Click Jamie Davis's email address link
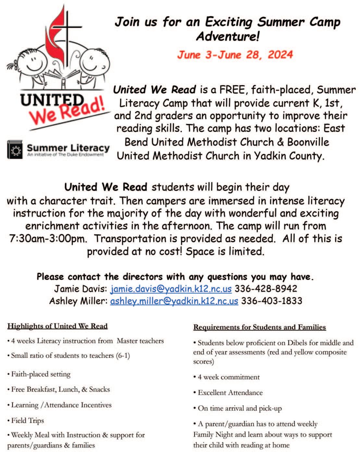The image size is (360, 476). (171, 289)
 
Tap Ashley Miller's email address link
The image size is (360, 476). (174, 301)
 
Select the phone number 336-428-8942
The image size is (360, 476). (266, 289)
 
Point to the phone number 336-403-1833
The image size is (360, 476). (272, 301)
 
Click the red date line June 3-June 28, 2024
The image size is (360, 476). (235, 55)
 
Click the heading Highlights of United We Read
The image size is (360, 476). (57, 326)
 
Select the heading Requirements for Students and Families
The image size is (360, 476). (259, 327)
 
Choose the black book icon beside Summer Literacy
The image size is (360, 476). (15, 150)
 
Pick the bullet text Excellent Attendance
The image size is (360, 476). (230, 393)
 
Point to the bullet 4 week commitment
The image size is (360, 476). (229, 377)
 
